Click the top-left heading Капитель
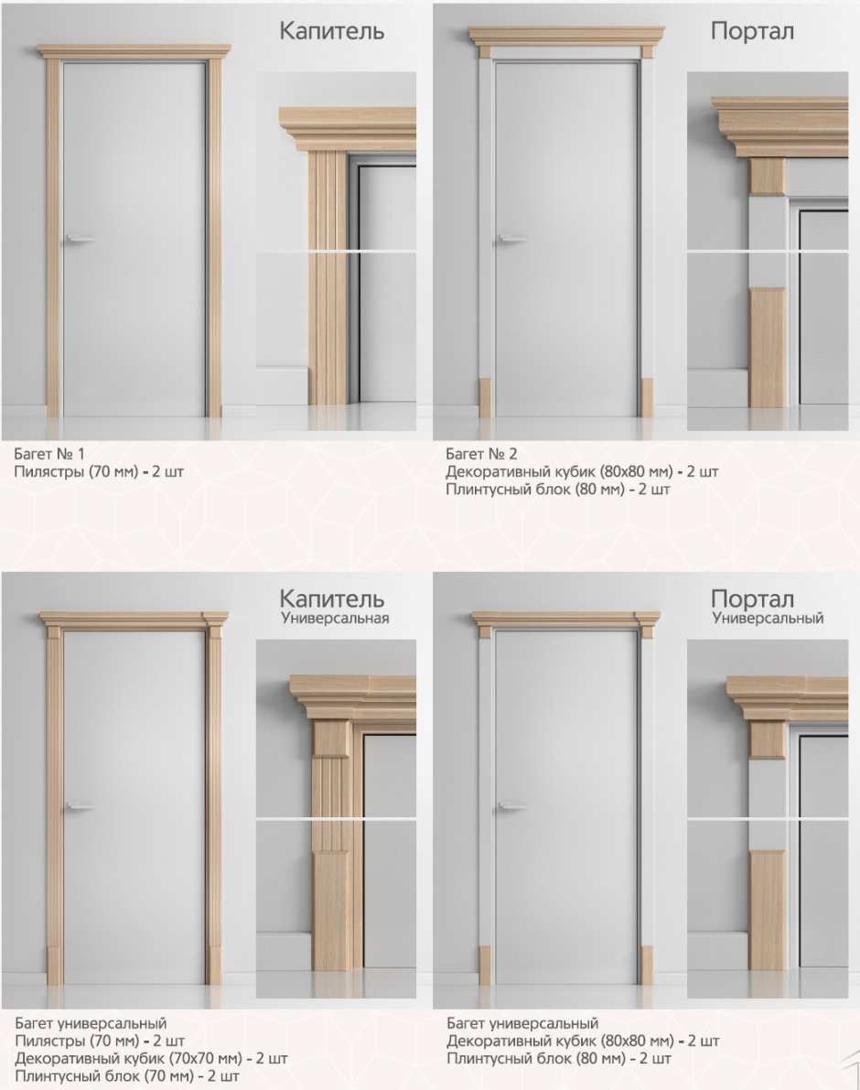tap(331, 31)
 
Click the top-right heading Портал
tap(752, 31)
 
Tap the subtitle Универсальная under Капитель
tap(335, 618)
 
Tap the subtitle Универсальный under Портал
tap(768, 618)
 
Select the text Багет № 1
tap(49, 454)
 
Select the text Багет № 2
tap(481, 454)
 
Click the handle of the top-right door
tap(512, 239)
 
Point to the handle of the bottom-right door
tap(512, 806)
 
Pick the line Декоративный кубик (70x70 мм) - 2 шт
tap(151, 1059)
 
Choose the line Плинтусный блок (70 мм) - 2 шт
tap(126, 1076)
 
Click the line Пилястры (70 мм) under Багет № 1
tap(99, 471)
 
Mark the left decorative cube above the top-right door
tap(485, 53)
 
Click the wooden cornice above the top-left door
tap(134, 51)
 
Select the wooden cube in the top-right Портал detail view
tap(768, 176)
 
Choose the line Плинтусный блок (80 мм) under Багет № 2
tap(558, 490)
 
